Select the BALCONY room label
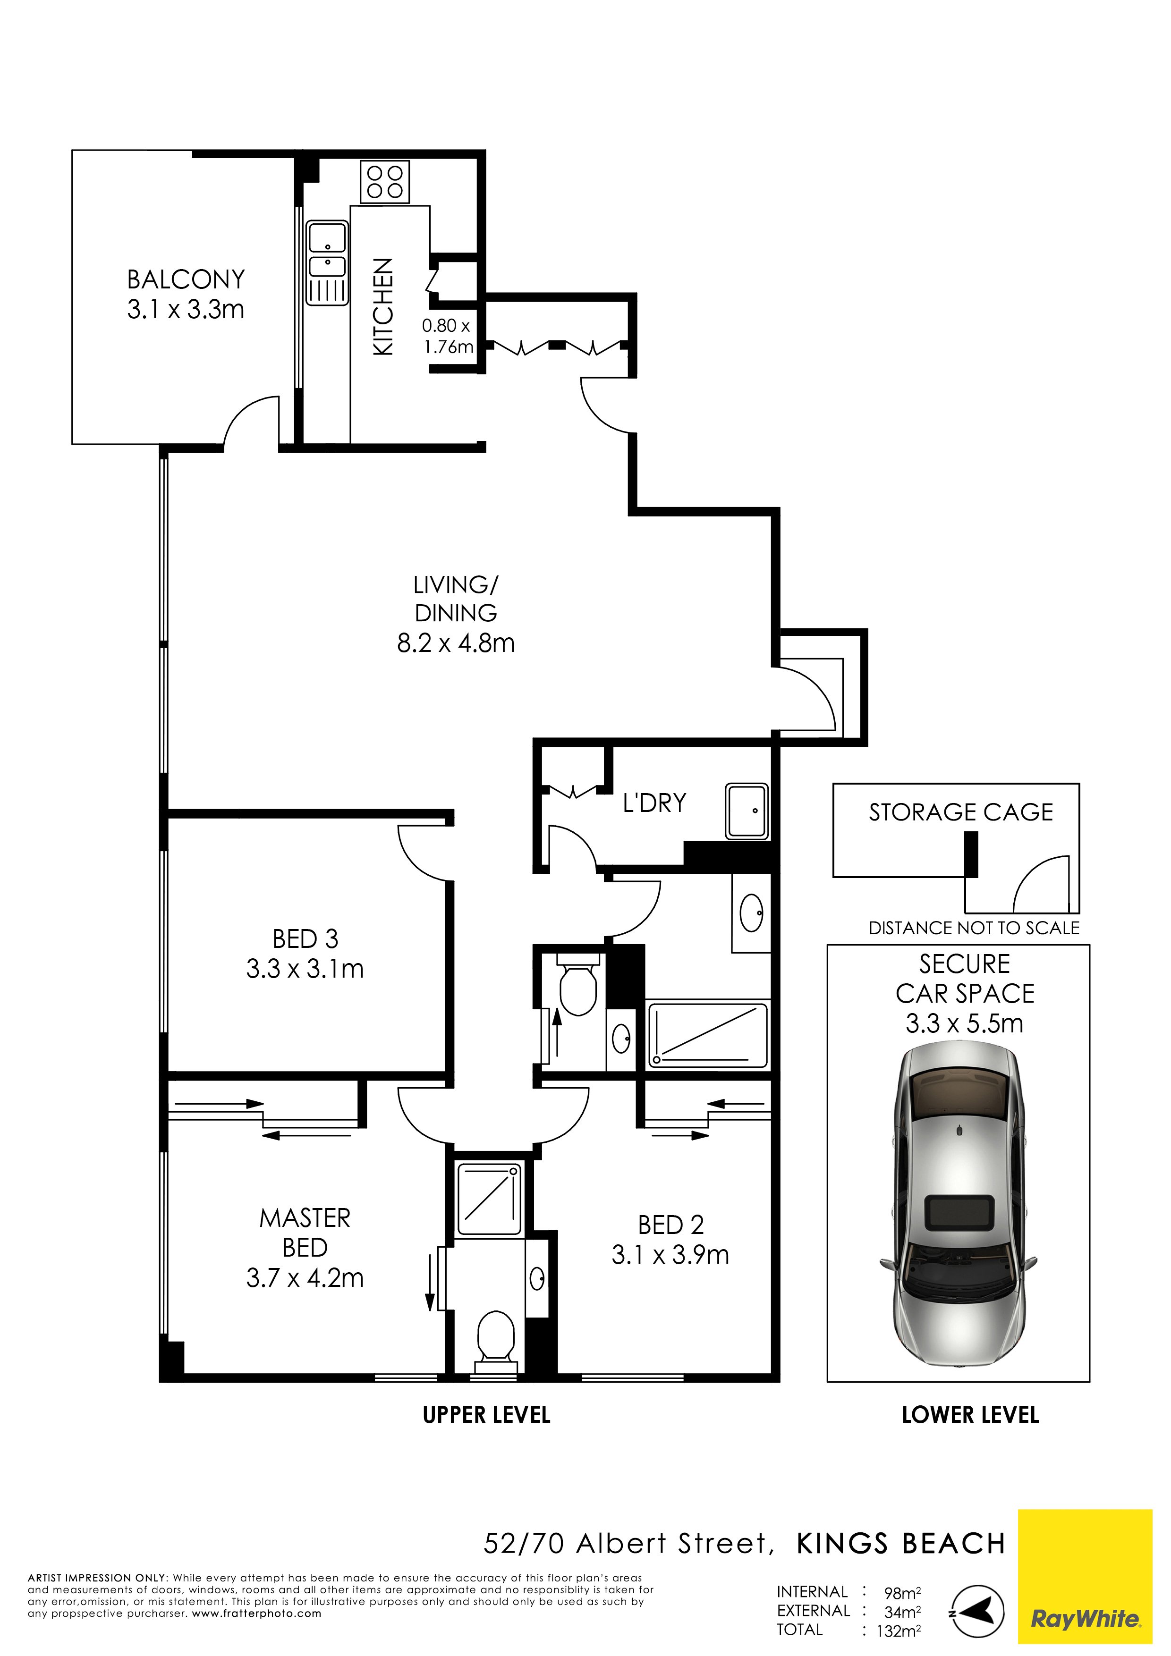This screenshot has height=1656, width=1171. pos(186,279)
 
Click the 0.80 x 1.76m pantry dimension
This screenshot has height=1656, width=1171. pos(447,336)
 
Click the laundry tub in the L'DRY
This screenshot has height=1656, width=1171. pos(747,811)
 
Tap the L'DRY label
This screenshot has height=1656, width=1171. pos(654,803)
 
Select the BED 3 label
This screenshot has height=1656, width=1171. pos(305,938)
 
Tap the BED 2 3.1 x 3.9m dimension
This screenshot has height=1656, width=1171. pos(670,1255)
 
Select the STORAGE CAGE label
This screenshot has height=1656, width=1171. pos(960,812)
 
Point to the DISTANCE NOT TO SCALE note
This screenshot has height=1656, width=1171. pos(974,928)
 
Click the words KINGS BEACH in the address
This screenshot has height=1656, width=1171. pos(901,1544)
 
